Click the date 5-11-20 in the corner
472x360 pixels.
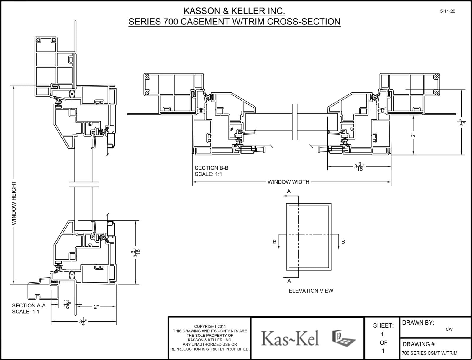448,12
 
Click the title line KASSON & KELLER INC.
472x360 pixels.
234,11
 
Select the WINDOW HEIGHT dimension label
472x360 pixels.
14,203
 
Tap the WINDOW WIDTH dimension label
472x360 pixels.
288,182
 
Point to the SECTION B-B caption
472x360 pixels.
212,168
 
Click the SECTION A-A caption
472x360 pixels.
29,306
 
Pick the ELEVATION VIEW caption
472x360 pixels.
311,291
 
